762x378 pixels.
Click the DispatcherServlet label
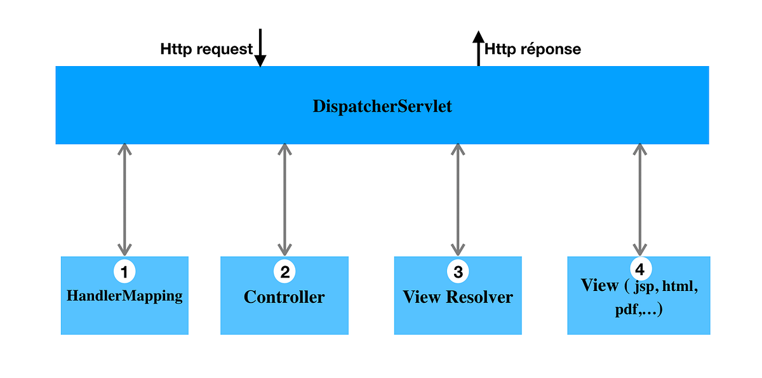382,106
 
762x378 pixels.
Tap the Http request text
206,49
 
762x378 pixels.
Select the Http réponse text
533,49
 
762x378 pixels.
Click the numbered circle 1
124,272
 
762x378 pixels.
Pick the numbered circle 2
284,272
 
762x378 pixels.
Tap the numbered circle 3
458,272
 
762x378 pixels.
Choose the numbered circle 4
639,267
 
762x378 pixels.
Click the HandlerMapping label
124,295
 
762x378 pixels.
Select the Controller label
284,297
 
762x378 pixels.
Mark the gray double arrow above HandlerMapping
124,199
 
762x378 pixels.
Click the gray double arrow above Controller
284,199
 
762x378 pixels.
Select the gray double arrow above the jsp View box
639,199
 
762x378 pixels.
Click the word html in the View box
680,287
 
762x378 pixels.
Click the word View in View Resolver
422,297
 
